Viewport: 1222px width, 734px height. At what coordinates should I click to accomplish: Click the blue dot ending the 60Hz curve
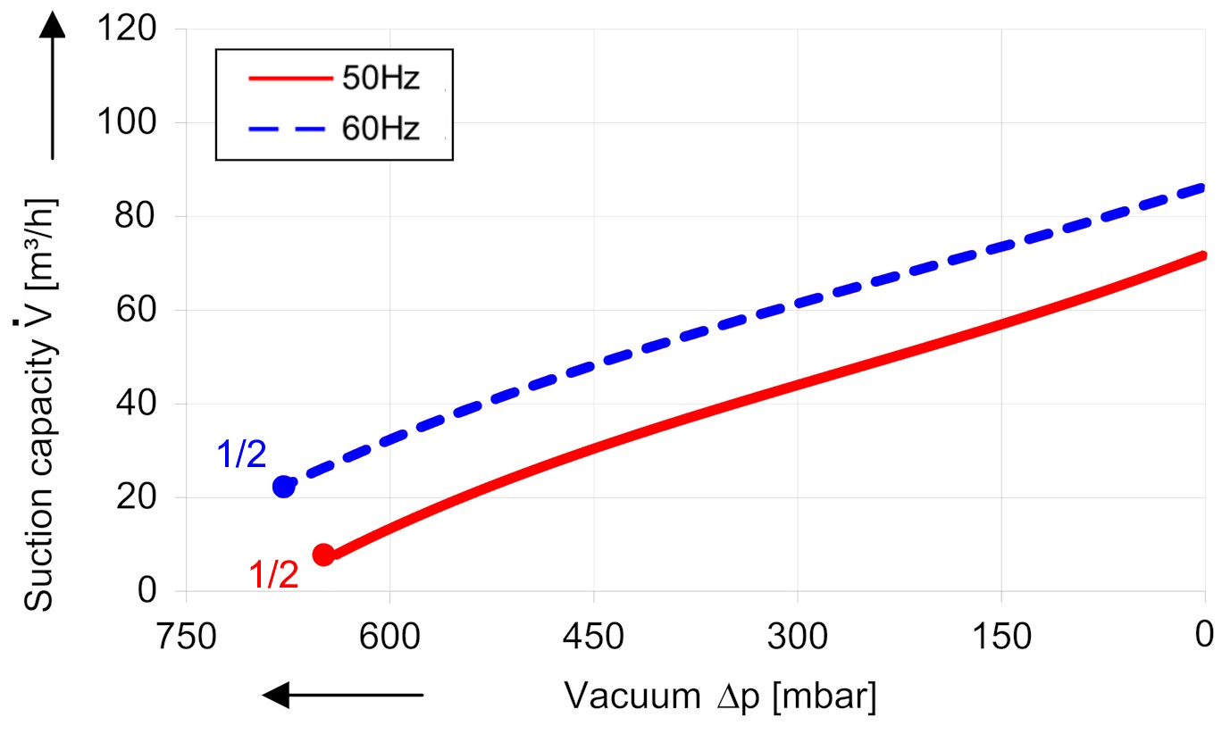coord(284,487)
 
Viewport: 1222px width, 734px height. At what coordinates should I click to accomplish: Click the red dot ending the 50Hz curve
coord(323,555)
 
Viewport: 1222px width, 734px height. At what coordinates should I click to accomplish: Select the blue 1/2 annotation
coord(241,456)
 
